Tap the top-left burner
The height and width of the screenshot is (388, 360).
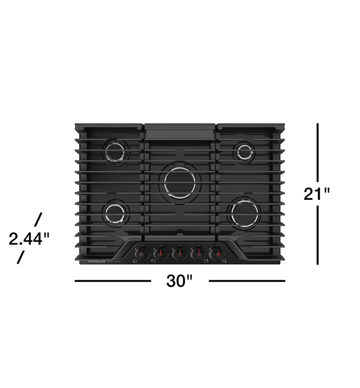coord(116,153)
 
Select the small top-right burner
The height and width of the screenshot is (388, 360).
coord(244,152)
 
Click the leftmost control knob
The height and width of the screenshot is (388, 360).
coord(142,253)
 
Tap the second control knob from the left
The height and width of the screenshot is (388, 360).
coord(160,253)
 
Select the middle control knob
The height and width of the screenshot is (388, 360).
coord(179,253)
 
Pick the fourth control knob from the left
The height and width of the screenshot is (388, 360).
coord(197,253)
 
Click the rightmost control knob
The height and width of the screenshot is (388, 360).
coord(216,253)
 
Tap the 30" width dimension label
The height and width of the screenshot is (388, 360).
coord(180,281)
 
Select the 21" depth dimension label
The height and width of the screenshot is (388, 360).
coord(317,193)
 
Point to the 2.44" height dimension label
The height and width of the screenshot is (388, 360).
coord(29,239)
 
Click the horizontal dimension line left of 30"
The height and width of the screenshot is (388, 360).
coord(113,281)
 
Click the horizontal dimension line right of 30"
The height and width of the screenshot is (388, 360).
coord(247,281)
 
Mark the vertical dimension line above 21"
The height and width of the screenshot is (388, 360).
coord(318,152)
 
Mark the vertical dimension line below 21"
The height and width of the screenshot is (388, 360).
coord(318,235)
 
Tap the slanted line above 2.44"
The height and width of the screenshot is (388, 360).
coord(38,219)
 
